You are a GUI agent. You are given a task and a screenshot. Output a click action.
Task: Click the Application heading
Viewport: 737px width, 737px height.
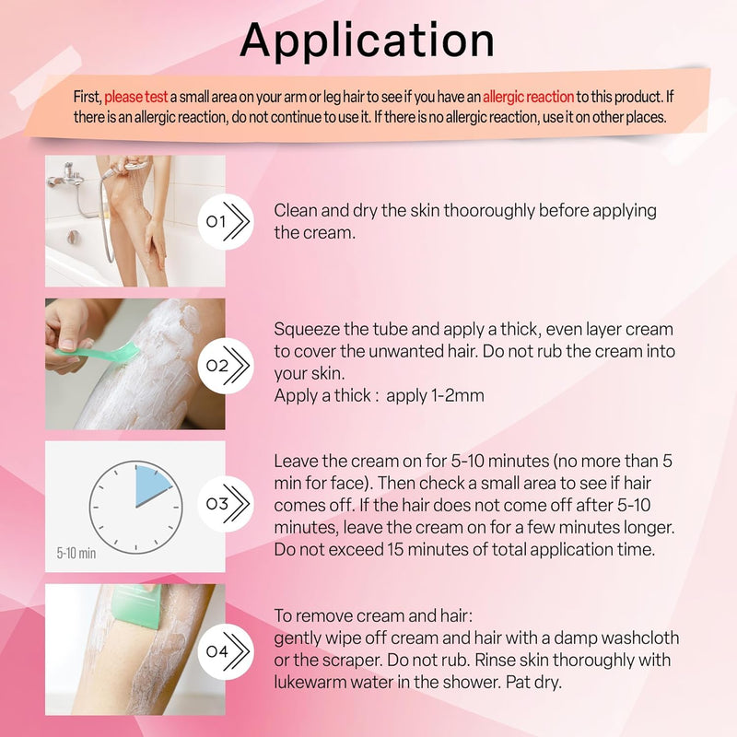pos(368,41)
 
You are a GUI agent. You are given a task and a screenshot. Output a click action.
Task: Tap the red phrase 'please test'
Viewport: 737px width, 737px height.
pos(135,97)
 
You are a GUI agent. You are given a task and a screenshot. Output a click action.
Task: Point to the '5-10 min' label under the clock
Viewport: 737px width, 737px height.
pos(75,554)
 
